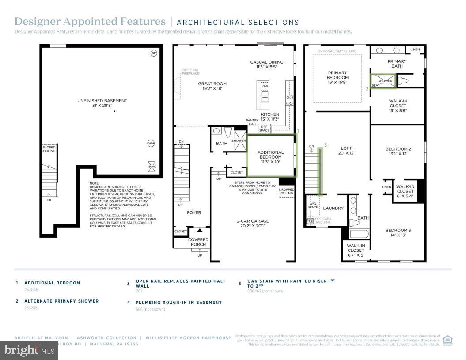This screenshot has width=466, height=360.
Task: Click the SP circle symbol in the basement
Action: point(154,53)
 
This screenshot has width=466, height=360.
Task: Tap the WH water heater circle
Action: point(151,143)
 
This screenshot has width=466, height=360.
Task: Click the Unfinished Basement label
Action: point(102,103)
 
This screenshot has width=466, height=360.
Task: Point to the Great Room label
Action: point(212,86)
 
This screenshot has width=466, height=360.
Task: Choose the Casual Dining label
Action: point(267,64)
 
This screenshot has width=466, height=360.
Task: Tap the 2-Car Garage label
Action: point(253,224)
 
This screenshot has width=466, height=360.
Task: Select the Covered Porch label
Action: point(198,242)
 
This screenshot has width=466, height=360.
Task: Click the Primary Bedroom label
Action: point(338,78)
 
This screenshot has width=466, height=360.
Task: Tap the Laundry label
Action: point(333,208)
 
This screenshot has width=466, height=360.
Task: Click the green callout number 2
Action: point(367,88)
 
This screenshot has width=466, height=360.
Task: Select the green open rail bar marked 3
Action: point(320,171)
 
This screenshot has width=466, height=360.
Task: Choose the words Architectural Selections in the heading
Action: point(238,22)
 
